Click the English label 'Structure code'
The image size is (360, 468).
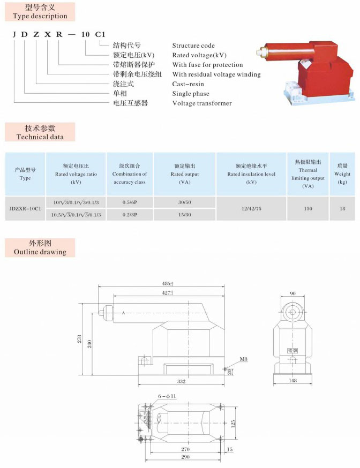[x=193, y=46]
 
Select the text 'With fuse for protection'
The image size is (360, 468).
[x=207, y=65]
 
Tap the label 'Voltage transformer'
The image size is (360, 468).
[x=202, y=103]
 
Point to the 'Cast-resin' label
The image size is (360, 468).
[x=188, y=84]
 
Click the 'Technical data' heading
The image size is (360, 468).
[x=40, y=137]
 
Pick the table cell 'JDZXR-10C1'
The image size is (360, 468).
[x=25, y=208]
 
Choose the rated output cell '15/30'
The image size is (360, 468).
[x=184, y=214]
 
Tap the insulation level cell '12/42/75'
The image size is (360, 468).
[x=251, y=208]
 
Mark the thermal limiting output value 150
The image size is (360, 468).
[x=308, y=208]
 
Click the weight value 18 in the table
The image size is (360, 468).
[x=342, y=208]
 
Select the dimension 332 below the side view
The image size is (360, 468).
[x=181, y=381]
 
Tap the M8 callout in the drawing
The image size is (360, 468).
[x=243, y=358]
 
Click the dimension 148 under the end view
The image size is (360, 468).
[x=292, y=381]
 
